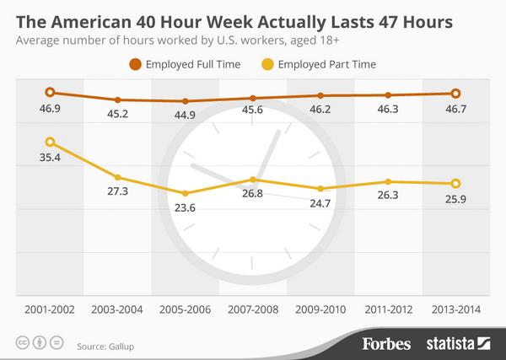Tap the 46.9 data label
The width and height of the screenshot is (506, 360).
click(x=50, y=110)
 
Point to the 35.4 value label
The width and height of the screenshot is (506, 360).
click(x=50, y=159)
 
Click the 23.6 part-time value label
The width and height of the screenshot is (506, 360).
click(x=186, y=209)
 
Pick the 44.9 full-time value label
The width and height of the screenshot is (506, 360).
click(x=186, y=116)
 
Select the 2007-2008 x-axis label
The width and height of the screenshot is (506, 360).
click(x=253, y=309)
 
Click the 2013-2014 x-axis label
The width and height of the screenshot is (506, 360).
click(x=455, y=309)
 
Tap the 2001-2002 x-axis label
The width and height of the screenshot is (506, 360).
click(x=50, y=309)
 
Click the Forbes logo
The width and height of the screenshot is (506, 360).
click(x=387, y=343)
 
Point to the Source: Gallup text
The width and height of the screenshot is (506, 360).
click(x=106, y=345)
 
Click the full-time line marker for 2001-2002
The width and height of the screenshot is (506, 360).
click(x=50, y=93)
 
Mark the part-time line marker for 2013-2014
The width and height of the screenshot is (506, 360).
click(x=455, y=183)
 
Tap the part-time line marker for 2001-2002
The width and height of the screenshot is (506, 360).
click(x=50, y=142)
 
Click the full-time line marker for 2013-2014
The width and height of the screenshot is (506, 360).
click(x=455, y=94)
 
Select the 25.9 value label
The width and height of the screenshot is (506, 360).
click(x=455, y=200)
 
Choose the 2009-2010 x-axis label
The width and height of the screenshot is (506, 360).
click(x=320, y=309)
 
